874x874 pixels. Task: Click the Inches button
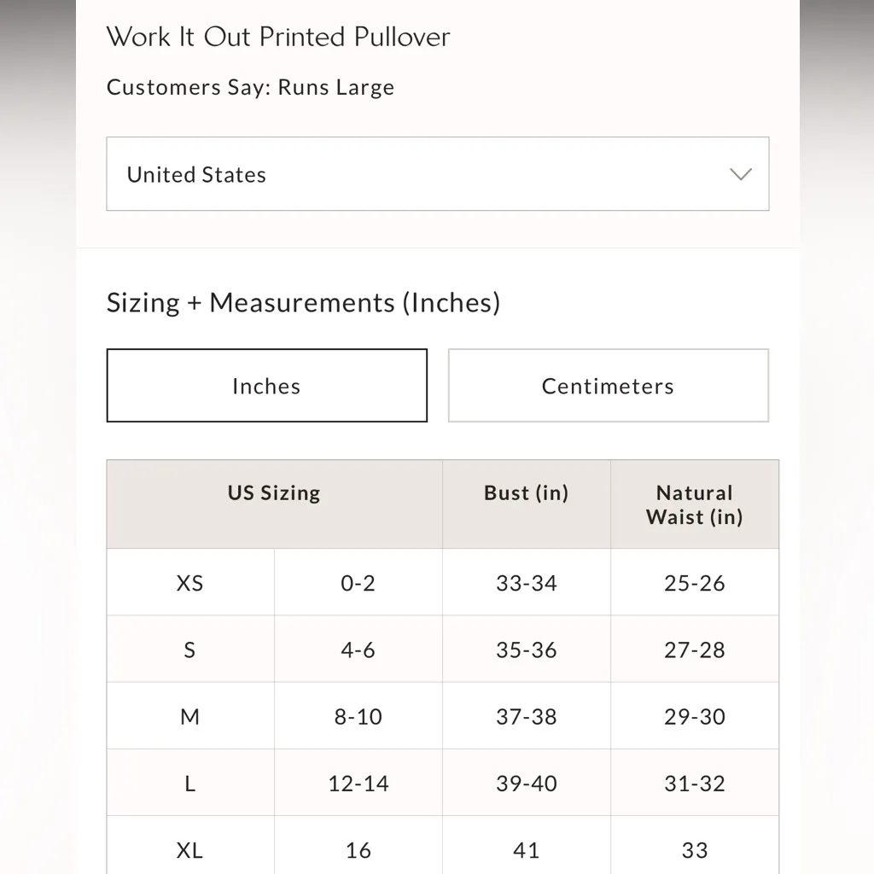[266, 386]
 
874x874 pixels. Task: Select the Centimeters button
[608, 386]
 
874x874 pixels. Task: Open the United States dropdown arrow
[740, 174]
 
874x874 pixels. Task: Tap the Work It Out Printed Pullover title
[278, 37]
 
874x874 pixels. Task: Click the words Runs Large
[336, 87]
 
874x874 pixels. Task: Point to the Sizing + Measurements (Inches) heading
[303, 303]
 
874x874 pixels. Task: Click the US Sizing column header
[274, 493]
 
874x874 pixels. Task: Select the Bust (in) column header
[526, 493]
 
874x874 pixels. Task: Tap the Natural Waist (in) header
[694, 504]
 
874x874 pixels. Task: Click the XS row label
[189, 583]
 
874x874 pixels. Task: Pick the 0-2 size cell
[358, 583]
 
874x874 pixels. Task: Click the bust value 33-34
[526, 583]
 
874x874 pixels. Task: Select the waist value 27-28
[694, 650]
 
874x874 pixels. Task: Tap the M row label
[189, 716]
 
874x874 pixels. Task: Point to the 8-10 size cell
[358, 716]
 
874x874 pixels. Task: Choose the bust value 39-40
[526, 784]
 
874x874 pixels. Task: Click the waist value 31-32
[694, 784]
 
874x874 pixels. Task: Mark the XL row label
[189, 850]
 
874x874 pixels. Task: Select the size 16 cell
[358, 850]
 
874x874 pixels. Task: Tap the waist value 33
[694, 850]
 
